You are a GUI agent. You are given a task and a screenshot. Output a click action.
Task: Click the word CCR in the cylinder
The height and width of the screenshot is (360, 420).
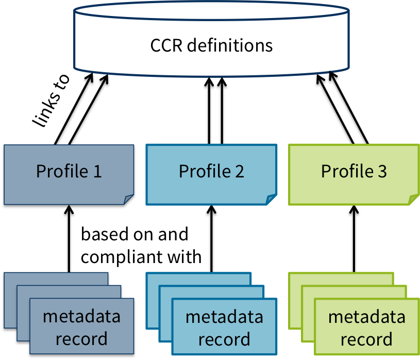point(166,45)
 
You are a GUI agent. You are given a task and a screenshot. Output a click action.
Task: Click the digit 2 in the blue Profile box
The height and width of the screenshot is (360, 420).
point(239,171)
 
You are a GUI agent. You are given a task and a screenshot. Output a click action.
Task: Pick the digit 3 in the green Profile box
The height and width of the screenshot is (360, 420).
point(381,171)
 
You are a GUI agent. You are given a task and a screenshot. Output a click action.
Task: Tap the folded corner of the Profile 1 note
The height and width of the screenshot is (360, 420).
point(129,200)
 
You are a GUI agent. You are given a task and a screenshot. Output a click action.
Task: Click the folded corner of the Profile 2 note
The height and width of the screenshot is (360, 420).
point(271,200)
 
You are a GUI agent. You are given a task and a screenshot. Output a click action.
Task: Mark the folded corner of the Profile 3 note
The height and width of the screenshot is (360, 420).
point(413,200)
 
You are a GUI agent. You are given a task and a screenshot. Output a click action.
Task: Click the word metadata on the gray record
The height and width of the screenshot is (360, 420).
point(81,316)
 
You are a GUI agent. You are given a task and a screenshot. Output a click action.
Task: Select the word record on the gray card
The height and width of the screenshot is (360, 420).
point(81,339)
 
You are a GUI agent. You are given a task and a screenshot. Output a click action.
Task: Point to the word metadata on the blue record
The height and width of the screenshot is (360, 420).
point(224,316)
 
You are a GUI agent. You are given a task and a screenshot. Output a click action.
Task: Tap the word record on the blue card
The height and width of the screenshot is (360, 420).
point(224,339)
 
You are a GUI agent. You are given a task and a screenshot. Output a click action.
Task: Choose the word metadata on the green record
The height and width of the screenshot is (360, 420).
point(366,316)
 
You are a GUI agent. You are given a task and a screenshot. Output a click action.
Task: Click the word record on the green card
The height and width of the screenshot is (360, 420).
point(366,339)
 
